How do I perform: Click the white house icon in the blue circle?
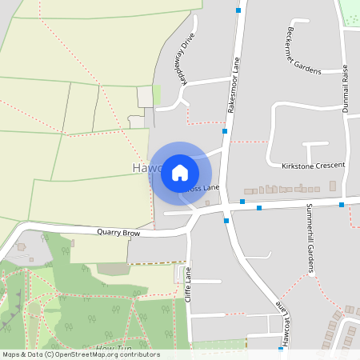[x=180, y=173]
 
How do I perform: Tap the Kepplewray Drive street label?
[x=183, y=57]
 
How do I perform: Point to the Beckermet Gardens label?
[x=302, y=49]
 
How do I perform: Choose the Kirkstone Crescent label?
[x=314, y=166]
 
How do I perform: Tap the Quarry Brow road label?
[x=118, y=233]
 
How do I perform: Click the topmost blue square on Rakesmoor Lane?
[x=238, y=10]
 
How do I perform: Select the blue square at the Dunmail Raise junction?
[x=342, y=205]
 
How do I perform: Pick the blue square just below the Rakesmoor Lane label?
[x=225, y=130]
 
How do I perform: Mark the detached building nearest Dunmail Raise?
[x=333, y=186]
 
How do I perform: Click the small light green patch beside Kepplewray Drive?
[x=157, y=94]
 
